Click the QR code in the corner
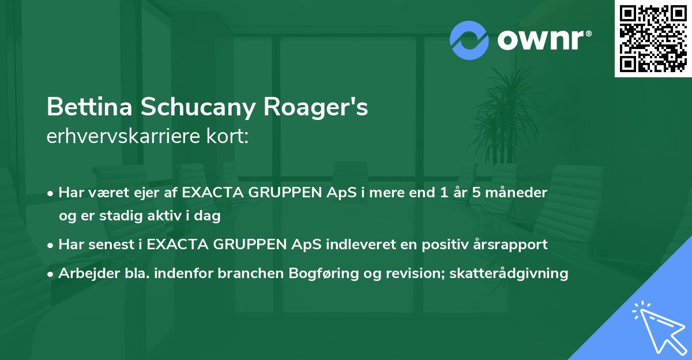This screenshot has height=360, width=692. click(x=653, y=38)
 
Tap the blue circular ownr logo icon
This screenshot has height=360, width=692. click(x=469, y=40)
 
